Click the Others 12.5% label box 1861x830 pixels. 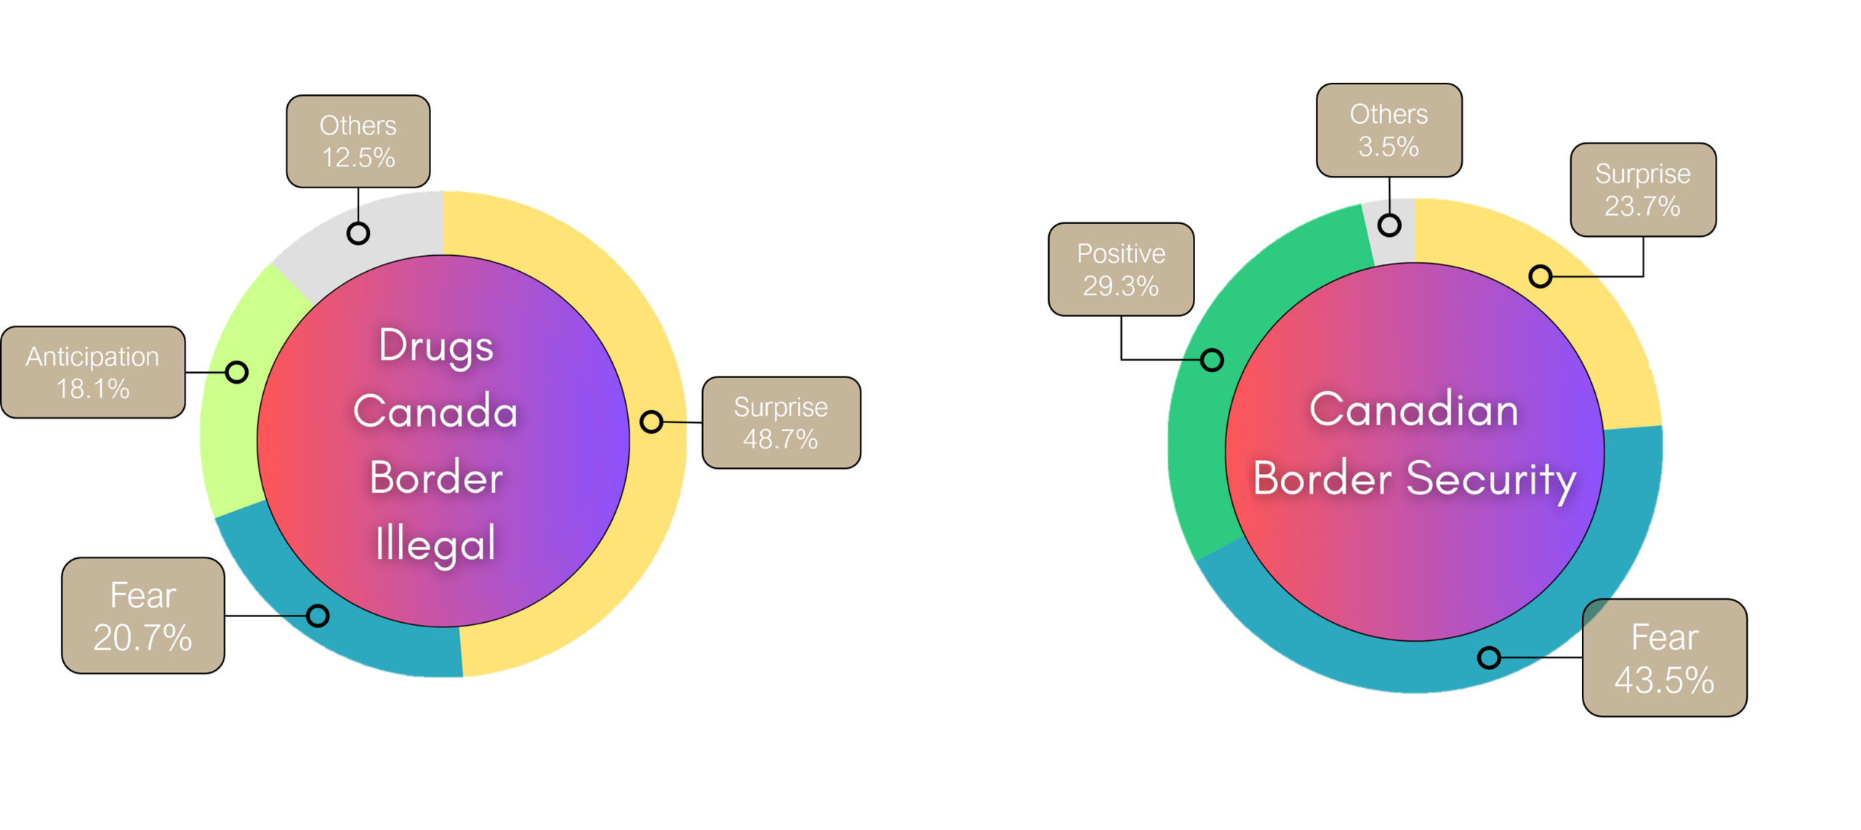coord(358,141)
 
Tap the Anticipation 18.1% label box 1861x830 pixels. coord(93,372)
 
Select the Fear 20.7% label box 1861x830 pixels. coord(142,616)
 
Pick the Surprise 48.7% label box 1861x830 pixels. coord(781,422)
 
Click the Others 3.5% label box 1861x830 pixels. coord(1388,130)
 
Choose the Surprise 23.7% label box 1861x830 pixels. coord(1642,190)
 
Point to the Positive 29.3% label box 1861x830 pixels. coord(1120,269)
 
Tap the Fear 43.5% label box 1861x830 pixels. coord(1664,658)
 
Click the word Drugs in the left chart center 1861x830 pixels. coord(436,346)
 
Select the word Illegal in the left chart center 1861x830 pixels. coord(436,544)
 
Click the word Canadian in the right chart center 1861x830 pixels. coord(1414,409)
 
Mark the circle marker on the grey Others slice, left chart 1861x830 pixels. coord(358,233)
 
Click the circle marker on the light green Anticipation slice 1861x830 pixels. coord(236,372)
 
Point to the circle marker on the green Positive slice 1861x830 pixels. coord(1212,360)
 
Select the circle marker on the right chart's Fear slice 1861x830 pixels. coord(1489,658)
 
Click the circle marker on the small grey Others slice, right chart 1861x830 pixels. coord(1389,225)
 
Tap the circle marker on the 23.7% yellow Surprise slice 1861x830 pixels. coord(1540,276)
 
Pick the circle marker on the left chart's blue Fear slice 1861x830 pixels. coord(318,616)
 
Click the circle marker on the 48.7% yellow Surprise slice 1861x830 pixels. coord(651,422)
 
